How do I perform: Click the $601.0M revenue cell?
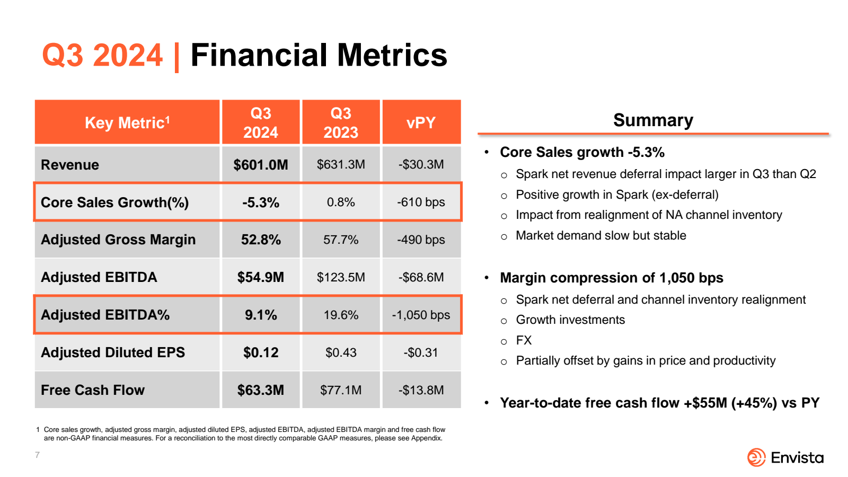tap(260, 165)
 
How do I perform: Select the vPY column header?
tap(421, 123)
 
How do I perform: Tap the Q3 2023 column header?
tap(341, 122)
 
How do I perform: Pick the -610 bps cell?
tap(421, 202)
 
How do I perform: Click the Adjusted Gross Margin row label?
tap(118, 240)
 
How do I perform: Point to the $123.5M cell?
tap(341, 277)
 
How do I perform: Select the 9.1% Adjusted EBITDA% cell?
tap(260, 315)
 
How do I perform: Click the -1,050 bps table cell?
tap(421, 315)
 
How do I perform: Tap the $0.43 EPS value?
tap(341, 352)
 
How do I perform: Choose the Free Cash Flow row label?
tap(93, 390)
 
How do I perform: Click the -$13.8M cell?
tap(421, 390)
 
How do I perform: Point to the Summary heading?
tap(653, 120)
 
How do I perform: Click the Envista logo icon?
tap(756, 457)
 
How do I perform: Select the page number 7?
tap(37, 455)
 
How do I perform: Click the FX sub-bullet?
tap(524, 340)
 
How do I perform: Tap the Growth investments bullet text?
tap(570, 320)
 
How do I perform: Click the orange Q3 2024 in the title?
tap(102, 55)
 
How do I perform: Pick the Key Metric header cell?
tap(127, 123)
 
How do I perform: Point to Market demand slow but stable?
tap(600, 236)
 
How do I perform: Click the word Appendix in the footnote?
tap(428, 438)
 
